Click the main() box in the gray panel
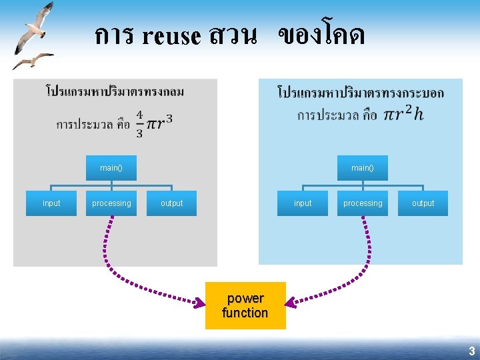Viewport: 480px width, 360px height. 111,168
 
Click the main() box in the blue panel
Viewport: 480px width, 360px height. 363,168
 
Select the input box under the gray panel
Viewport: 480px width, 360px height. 51,203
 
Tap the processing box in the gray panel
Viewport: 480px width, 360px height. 111,203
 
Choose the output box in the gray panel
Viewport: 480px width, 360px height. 171,203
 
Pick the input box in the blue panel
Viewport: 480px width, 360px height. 303,203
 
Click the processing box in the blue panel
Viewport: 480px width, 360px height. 363,203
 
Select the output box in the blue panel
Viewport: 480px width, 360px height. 423,203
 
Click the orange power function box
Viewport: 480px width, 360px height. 245,305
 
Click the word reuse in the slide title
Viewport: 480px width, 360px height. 171,36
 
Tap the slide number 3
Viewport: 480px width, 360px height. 471,351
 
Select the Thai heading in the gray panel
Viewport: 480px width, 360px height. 115,91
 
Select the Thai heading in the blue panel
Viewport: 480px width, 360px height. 360,91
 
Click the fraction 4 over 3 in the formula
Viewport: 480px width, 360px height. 139,124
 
